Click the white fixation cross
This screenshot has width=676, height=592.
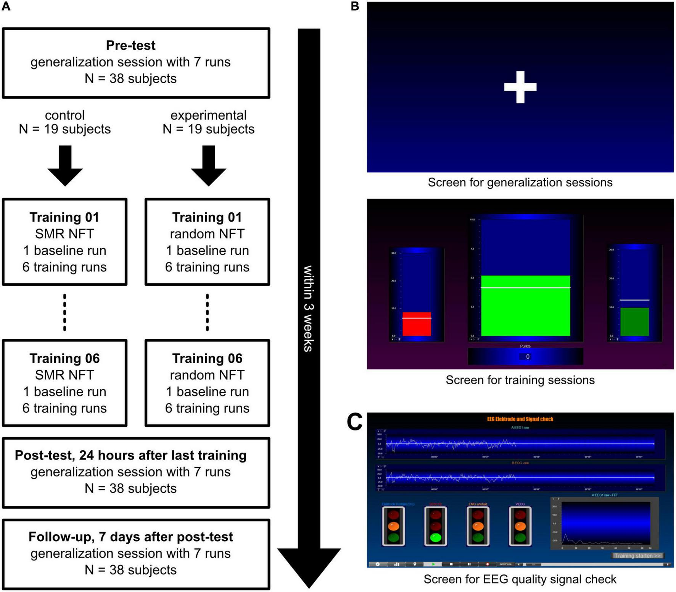click(520, 87)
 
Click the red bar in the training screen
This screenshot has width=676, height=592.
click(417, 324)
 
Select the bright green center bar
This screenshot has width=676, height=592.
click(525, 306)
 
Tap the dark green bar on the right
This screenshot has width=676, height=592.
click(634, 322)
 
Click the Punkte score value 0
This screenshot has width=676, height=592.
click(527, 357)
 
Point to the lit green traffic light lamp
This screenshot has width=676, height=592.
click(436, 538)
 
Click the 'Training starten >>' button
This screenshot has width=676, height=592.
click(637, 556)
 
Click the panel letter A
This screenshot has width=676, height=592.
click(6, 6)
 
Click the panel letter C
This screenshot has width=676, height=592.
click(354, 422)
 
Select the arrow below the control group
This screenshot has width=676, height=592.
click(65, 166)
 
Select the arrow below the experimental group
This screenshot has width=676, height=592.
click(209, 166)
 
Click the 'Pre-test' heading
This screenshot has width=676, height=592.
click(130, 45)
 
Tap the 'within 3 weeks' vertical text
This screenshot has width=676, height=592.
click(308, 308)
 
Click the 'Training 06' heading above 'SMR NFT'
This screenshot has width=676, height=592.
click(64, 359)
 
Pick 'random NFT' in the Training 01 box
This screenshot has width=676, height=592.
click(207, 234)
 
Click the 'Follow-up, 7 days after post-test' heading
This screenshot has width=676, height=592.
click(130, 537)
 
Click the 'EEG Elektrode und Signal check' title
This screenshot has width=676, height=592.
click(520, 419)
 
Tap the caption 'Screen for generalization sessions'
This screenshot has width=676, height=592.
click(520, 183)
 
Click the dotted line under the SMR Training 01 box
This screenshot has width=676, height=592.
click(64, 312)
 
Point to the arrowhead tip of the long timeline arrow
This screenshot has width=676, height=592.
click(309, 586)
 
